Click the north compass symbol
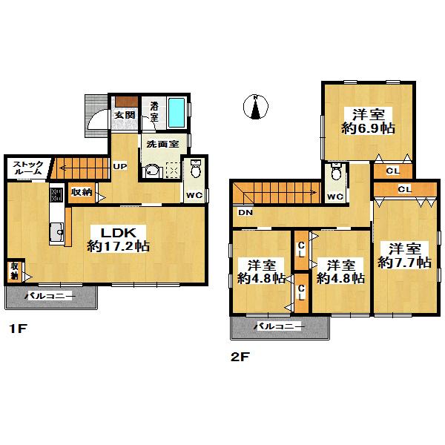coord(255,108)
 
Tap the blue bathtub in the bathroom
coord(176,112)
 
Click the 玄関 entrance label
coord(125,115)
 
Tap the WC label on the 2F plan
coord(335,197)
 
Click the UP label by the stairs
coord(119,167)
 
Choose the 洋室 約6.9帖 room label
coord(368,121)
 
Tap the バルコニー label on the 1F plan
coord(48,296)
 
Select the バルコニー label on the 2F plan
coord(279,326)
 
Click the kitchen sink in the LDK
coord(57,235)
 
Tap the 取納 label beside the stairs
coord(81,192)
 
